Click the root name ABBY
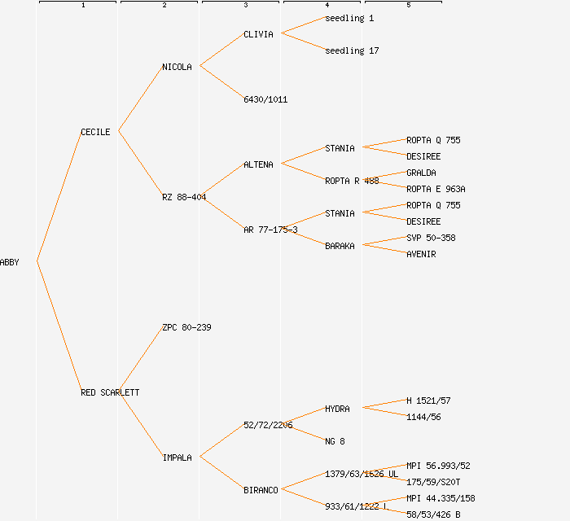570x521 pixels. coord(10,262)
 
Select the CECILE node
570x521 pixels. coord(95,132)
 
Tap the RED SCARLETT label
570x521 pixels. coord(110,392)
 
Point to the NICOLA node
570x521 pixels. coord(177,67)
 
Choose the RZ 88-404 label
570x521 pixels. coord(184,197)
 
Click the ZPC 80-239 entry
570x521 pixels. coord(186,327)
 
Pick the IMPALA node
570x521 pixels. coord(177,458)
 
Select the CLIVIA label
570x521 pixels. coord(258,34)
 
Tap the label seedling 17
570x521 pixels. coord(352,50)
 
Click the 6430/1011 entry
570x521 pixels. coord(265,99)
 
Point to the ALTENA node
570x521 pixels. coord(258,164)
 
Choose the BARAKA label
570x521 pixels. coord(340,246)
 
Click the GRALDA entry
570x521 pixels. coord(421,173)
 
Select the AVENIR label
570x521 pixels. coord(421,254)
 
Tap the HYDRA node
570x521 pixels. coord(337,409)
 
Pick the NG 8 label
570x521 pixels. coord(335,441)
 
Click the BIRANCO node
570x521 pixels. coord(261,490)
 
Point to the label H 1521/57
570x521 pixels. coord(428,401)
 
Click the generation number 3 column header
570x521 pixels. coord(245,6)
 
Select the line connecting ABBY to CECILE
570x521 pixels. coord(59,197)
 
